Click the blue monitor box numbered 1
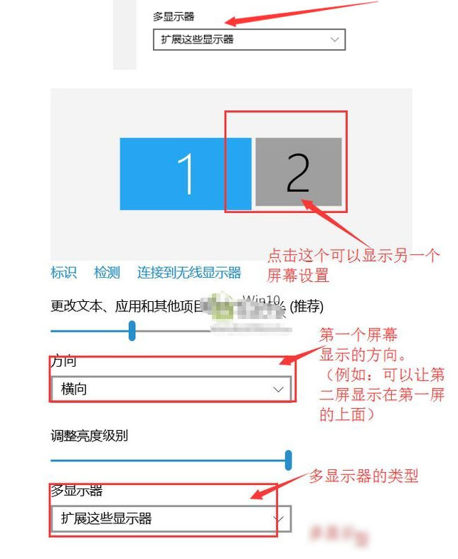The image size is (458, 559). pyautogui.click(x=185, y=174)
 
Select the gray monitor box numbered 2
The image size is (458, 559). pyautogui.click(x=298, y=172)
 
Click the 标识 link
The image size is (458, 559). pyautogui.click(x=63, y=273)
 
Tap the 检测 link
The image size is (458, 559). pyautogui.click(x=107, y=273)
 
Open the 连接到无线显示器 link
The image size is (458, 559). pyautogui.click(x=189, y=273)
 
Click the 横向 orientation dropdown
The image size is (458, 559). pyautogui.click(x=171, y=390)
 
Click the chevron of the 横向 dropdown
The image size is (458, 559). pyautogui.click(x=278, y=390)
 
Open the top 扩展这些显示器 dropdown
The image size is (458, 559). pyautogui.click(x=248, y=40)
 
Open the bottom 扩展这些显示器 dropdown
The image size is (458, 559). pyautogui.click(x=171, y=518)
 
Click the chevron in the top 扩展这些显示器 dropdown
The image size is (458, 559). pyautogui.click(x=335, y=40)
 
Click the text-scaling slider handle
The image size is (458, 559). pyautogui.click(x=132, y=330)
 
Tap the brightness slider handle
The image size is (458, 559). pyautogui.click(x=288, y=460)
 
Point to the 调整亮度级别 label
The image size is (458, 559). pyautogui.click(x=89, y=435)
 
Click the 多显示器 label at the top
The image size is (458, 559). pyautogui.click(x=174, y=16)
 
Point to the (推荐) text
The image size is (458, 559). pyautogui.click(x=304, y=307)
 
